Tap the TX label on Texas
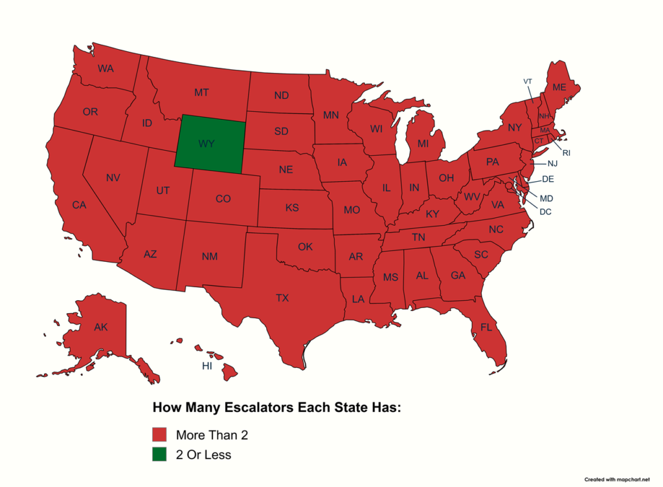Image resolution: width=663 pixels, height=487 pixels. (x=282, y=298)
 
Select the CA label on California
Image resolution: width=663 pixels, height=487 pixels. (x=79, y=205)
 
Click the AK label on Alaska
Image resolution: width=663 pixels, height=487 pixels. (x=100, y=327)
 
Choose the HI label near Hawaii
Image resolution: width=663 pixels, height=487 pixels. (x=207, y=366)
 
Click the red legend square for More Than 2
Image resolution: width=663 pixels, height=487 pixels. (x=159, y=435)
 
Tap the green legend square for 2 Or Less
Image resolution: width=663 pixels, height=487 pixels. (x=159, y=455)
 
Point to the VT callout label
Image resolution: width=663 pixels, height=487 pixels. (x=528, y=81)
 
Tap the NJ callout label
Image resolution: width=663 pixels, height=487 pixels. (x=552, y=164)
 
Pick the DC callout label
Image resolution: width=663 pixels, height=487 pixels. (x=545, y=211)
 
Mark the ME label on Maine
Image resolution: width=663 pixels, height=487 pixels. (x=559, y=87)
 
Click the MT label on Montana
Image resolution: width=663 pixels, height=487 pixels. (x=201, y=92)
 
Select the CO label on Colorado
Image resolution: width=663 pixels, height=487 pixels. (x=223, y=199)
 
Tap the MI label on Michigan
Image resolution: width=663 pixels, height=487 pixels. (x=423, y=143)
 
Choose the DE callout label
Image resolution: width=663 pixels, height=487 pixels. (x=547, y=179)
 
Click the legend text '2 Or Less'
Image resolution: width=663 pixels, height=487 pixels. (x=203, y=455)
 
